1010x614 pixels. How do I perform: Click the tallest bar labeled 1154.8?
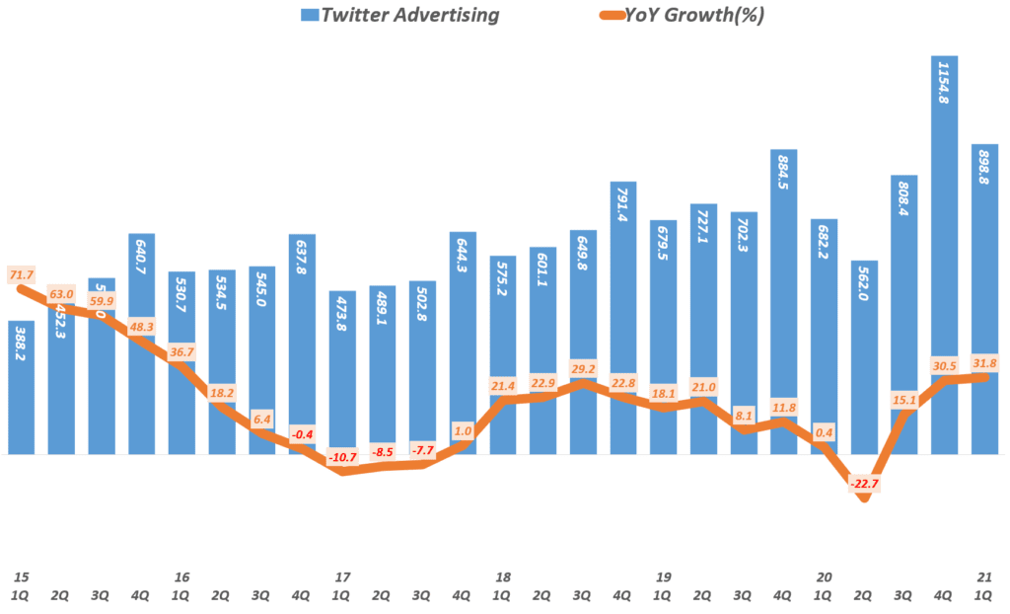(x=945, y=247)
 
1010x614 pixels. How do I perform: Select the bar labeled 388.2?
(x=22, y=395)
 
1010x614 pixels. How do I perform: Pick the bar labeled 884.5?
(x=784, y=296)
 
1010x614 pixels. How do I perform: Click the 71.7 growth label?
(x=20, y=272)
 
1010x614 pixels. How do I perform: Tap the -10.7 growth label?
(x=341, y=458)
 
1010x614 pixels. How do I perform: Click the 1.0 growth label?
(x=463, y=431)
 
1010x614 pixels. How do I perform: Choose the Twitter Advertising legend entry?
(x=399, y=15)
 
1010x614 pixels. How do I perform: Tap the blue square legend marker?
(x=307, y=16)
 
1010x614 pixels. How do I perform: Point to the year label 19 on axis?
(x=663, y=576)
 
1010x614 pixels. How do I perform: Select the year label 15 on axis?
(x=21, y=576)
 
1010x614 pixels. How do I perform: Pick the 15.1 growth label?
(x=904, y=400)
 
